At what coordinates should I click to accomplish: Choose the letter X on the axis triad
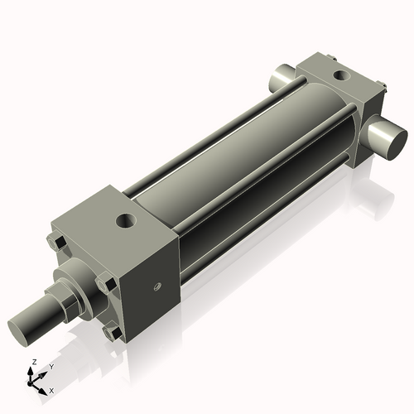[x=51, y=389]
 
